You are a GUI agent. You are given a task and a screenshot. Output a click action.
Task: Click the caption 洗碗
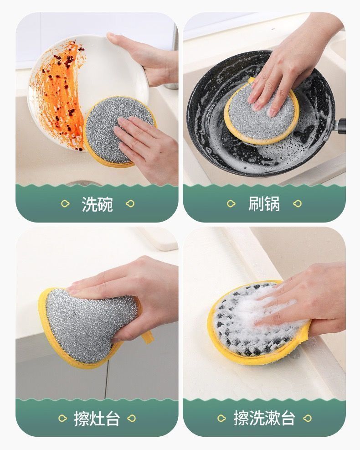tap(97, 204)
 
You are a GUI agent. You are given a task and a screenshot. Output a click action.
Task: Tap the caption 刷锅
tap(264, 204)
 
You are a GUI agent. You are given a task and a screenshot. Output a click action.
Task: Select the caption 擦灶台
tap(97, 419)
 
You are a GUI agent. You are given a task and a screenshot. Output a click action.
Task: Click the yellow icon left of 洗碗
tap(66, 204)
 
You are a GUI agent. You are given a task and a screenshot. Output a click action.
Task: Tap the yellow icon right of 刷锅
tap(298, 203)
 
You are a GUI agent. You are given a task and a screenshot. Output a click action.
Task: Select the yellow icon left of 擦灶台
tap(62, 418)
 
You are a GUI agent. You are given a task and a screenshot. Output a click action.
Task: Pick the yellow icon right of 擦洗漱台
tap(307, 418)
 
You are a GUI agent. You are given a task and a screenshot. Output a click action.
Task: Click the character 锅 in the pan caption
tap(272, 204)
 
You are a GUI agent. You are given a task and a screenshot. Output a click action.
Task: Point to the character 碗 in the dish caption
tap(105, 204)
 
